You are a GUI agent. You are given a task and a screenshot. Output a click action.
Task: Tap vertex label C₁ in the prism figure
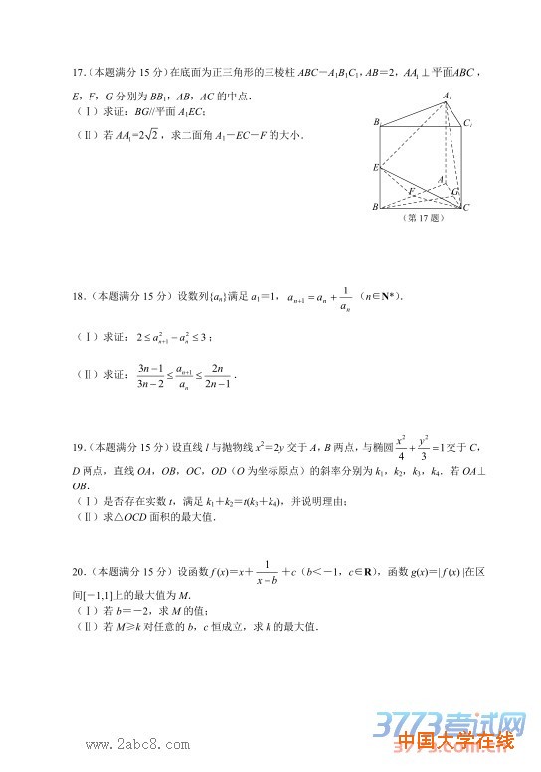[x=467, y=122]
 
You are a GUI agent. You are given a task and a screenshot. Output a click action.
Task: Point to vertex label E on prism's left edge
[x=375, y=167]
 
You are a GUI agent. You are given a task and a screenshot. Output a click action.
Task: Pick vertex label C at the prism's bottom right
[x=466, y=207]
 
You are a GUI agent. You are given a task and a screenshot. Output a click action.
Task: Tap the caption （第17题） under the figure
[x=421, y=217]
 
